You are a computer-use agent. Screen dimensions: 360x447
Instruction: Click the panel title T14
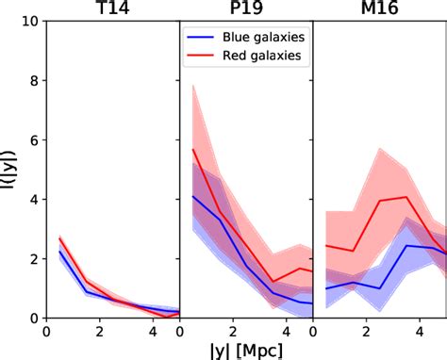point(111,9)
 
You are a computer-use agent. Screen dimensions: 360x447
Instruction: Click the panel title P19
point(245,9)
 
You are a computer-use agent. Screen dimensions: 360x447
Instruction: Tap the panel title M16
point(379,9)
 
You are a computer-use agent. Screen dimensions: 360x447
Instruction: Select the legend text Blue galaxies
point(263,38)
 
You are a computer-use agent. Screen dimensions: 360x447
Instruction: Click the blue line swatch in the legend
point(203,38)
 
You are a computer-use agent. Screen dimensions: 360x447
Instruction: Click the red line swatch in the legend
point(203,57)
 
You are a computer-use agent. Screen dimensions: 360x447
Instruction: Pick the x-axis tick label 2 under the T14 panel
point(99,331)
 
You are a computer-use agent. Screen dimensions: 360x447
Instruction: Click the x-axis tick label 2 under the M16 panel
point(367,331)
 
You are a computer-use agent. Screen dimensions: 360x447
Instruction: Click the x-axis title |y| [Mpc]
point(245,350)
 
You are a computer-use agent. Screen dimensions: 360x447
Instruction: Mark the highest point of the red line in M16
point(406,197)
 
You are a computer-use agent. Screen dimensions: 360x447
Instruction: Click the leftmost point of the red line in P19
point(193,149)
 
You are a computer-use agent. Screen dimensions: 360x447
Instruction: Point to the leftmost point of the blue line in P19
point(193,196)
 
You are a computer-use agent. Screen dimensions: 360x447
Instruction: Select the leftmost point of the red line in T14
point(59,239)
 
